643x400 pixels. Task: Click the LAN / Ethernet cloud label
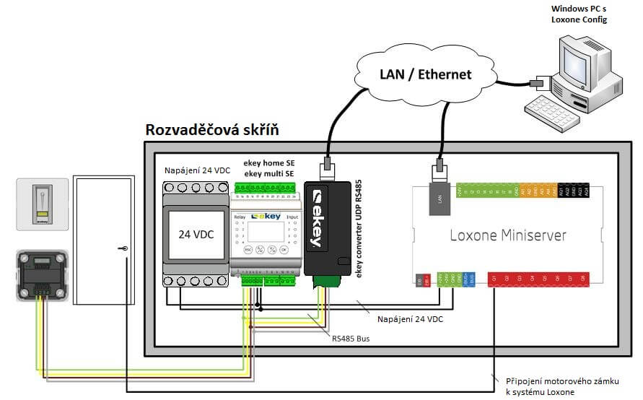[425, 74]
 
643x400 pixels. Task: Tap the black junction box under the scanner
[42, 275]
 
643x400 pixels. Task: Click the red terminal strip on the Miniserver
[538, 279]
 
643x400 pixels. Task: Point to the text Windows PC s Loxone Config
[579, 14]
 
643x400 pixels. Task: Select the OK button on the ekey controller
[284, 248]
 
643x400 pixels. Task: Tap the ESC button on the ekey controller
[247, 248]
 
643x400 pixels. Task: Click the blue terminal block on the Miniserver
[468, 279]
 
